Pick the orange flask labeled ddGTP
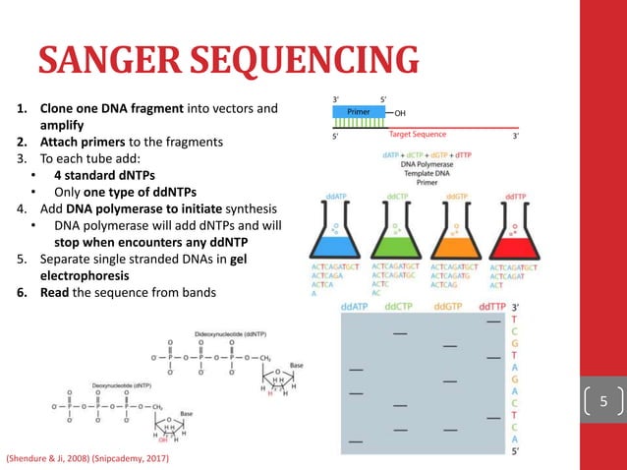pos(456,232)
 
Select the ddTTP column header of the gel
pos(489,307)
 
